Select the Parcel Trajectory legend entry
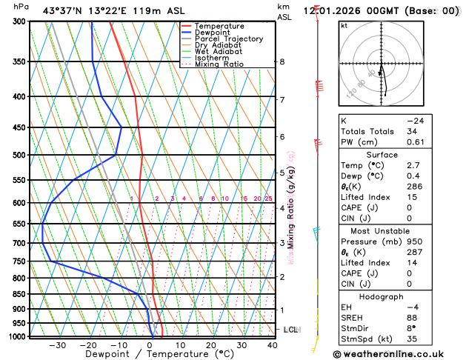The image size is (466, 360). click(x=228, y=39)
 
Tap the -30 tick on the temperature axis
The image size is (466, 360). click(x=57, y=345)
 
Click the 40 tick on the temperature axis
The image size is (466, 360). click(x=273, y=345)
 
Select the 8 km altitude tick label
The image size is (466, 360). click(x=282, y=61)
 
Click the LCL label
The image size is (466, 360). click(x=290, y=329)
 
